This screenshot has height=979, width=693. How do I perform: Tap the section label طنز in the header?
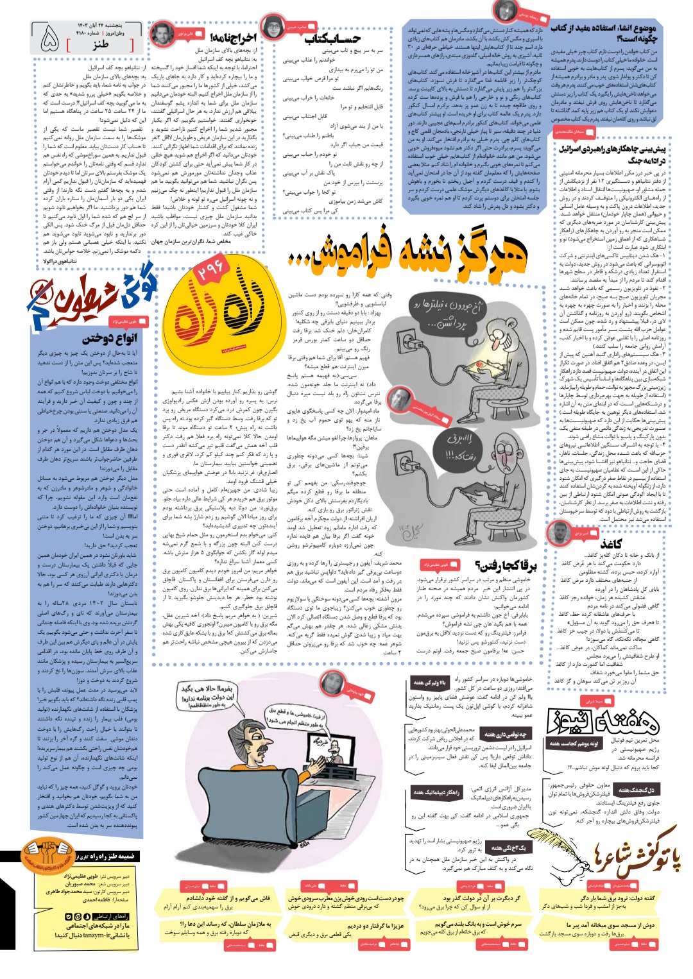[100, 44]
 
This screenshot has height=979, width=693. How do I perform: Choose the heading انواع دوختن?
[110, 337]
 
